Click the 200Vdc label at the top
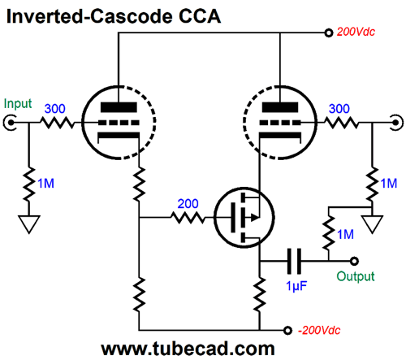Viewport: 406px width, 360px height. click(x=356, y=32)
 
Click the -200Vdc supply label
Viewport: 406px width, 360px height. click(x=319, y=330)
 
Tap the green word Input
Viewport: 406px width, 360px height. click(x=18, y=104)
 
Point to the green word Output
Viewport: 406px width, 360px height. click(x=356, y=276)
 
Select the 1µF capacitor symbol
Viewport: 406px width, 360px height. click(x=294, y=261)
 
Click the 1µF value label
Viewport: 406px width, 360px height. click(x=296, y=286)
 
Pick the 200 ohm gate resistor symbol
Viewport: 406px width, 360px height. click(x=188, y=217)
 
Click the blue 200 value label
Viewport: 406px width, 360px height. click(x=188, y=203)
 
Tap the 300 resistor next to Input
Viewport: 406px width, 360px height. click(x=57, y=123)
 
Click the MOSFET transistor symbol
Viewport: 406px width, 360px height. click(x=244, y=217)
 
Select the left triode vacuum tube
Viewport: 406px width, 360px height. click(x=119, y=122)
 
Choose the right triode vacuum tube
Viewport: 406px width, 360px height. click(x=280, y=122)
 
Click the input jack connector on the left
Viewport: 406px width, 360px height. click(x=10, y=123)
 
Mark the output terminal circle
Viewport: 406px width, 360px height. click(x=354, y=261)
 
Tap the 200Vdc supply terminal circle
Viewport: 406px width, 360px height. click(x=329, y=33)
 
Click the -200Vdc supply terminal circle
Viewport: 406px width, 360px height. click(x=287, y=331)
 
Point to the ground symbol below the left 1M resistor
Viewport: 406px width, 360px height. click(x=29, y=224)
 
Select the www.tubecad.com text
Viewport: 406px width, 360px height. click(x=188, y=349)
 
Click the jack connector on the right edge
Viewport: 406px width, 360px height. click(x=396, y=123)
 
